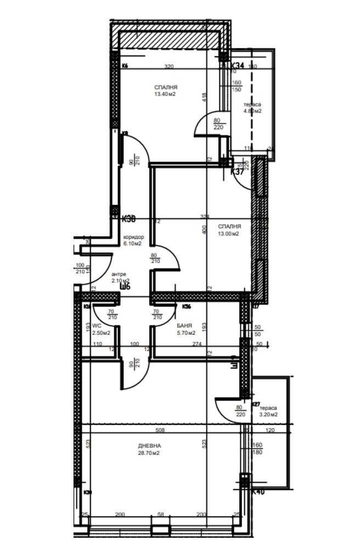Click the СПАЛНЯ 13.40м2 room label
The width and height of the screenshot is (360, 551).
pos(166,91)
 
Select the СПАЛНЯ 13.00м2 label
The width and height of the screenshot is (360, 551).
pos(229,230)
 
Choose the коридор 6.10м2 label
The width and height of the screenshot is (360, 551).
pos(133,240)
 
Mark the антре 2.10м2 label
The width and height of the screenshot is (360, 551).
pos(120,277)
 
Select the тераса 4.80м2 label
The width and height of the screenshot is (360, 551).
pos(252,108)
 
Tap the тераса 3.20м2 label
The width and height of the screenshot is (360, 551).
pos(268,412)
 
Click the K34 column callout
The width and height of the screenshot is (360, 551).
pos(235,65)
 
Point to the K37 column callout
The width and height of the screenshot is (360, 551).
pos(237,172)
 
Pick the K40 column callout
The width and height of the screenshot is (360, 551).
pos(258,492)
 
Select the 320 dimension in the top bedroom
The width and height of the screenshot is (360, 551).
pos(169,66)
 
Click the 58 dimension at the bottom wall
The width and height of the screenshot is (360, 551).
pos(160,514)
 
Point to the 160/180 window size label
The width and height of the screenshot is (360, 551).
pos(257,449)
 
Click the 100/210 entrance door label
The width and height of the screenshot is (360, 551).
pos(80,268)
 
